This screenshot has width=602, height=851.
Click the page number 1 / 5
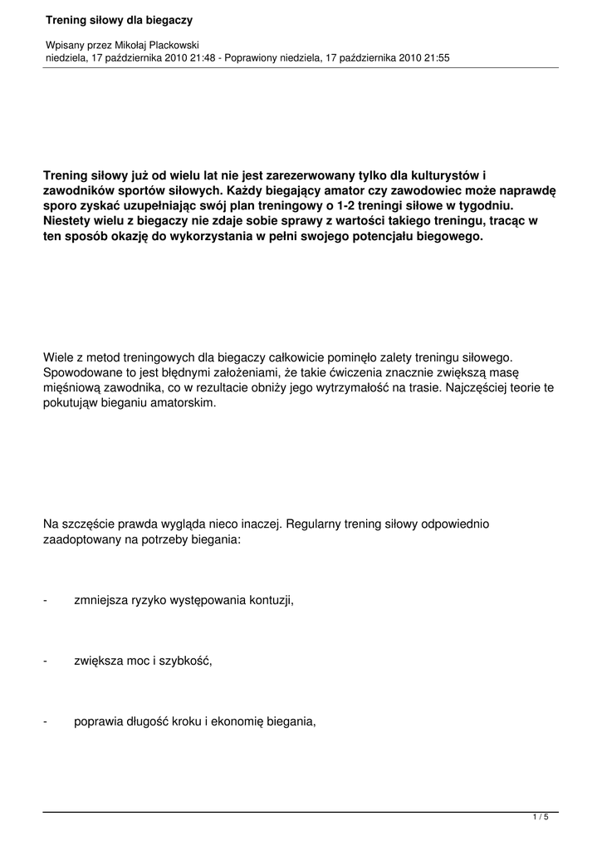pos(541,818)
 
